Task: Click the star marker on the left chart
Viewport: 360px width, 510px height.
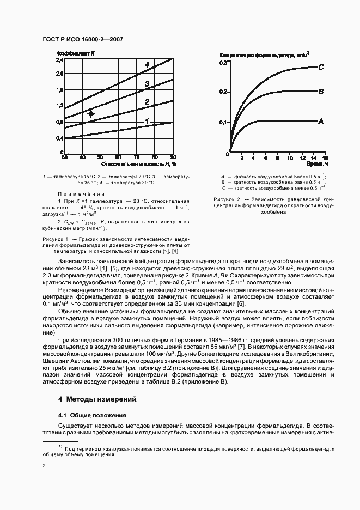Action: click(91, 114)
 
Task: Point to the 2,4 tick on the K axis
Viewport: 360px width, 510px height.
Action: click(60, 60)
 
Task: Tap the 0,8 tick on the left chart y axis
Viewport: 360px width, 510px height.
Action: click(60, 122)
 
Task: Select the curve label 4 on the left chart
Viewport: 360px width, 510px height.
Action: click(147, 65)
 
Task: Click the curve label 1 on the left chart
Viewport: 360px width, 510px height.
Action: click(147, 121)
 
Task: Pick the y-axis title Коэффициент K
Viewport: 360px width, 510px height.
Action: click(76, 53)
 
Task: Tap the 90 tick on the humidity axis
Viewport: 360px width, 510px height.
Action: click(173, 157)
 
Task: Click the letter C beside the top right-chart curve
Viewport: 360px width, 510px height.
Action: click(321, 67)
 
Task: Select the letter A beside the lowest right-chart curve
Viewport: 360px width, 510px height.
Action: click(321, 120)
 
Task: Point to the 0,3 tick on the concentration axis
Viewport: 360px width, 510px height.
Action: click(223, 64)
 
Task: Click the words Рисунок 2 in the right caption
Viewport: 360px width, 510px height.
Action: click(227, 200)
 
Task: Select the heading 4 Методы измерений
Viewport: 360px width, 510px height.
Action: click(97, 399)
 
